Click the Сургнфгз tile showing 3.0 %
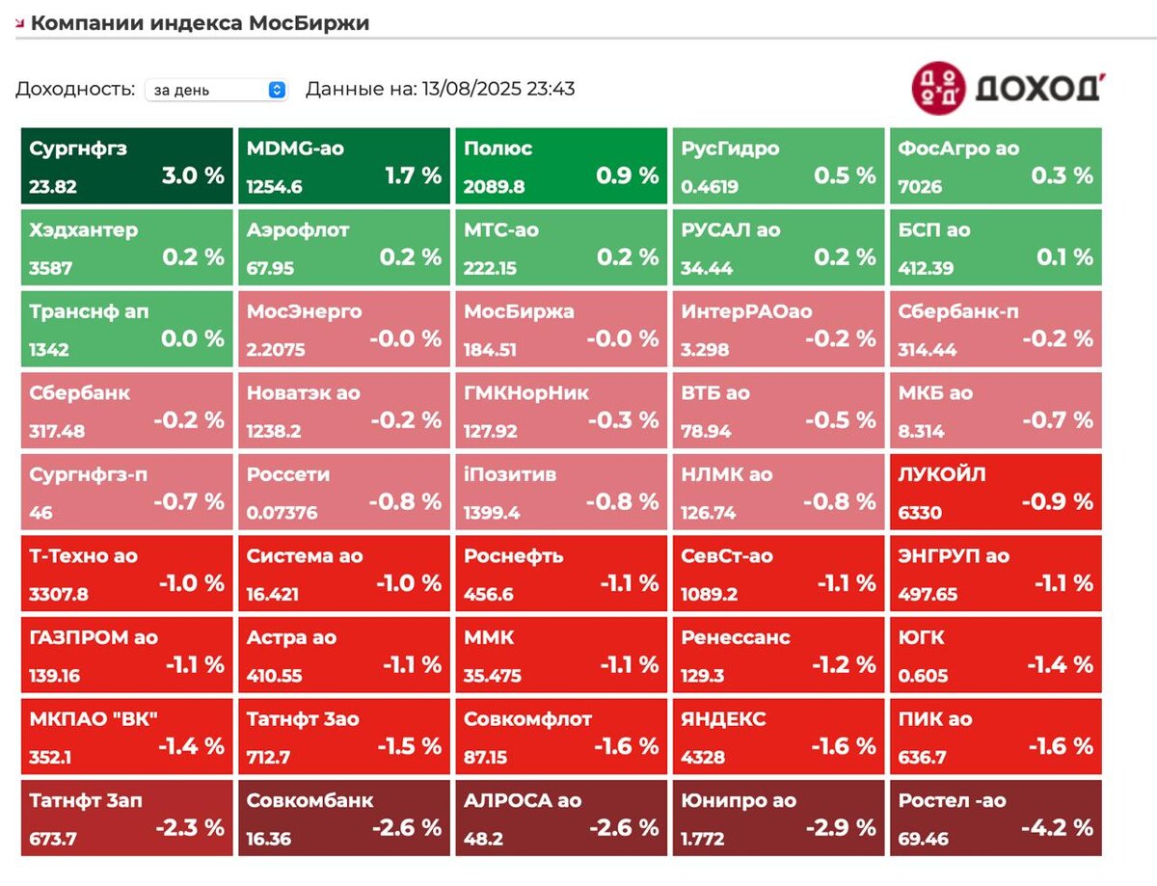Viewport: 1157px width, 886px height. (126, 165)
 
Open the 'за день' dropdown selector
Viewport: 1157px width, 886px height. (217, 90)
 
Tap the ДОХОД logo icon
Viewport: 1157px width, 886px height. (938, 88)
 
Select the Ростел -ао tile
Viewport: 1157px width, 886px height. (995, 818)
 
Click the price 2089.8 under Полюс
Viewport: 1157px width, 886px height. (494, 187)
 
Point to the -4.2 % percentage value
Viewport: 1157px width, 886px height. (1058, 827)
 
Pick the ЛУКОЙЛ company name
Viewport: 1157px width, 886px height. (942, 474)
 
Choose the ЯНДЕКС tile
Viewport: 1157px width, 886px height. (777, 736)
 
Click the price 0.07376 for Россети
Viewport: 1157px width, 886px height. (282, 513)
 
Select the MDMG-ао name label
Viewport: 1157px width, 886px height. (295, 148)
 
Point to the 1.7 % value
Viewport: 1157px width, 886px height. (413, 175)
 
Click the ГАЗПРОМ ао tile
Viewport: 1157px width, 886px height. (126, 655)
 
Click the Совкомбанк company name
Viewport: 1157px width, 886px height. (309, 800)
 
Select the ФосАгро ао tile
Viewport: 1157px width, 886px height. (995, 165)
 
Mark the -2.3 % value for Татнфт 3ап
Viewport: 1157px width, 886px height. (189, 827)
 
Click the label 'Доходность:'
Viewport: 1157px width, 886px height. (75, 90)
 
